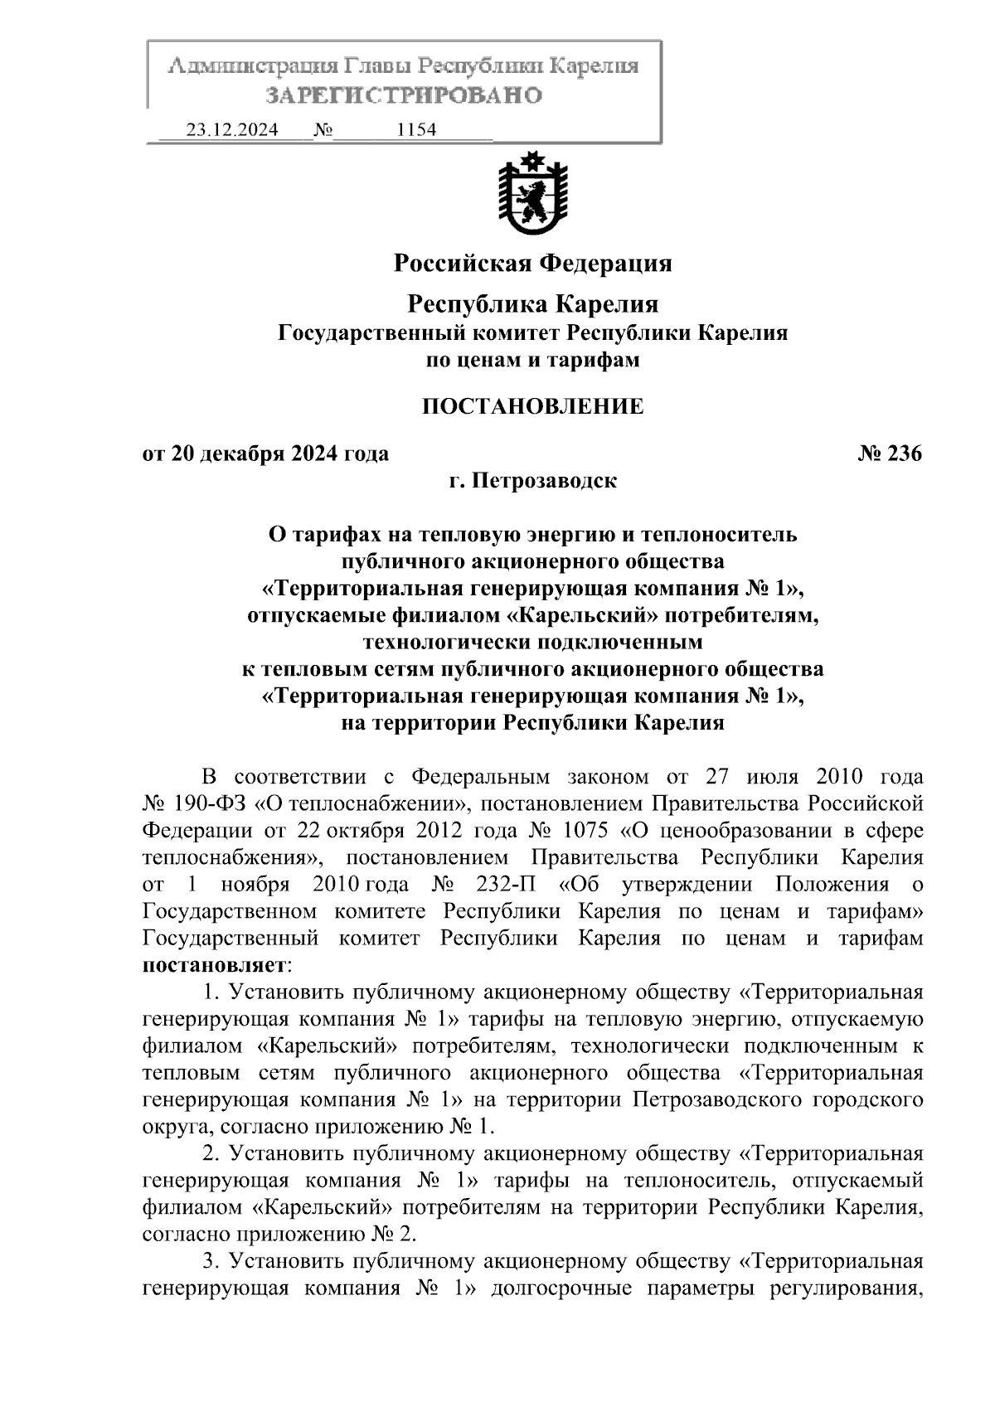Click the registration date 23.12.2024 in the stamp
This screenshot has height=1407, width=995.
click(x=231, y=130)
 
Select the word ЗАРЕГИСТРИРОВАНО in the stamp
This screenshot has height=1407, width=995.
click(x=404, y=96)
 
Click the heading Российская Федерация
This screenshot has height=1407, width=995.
click(x=532, y=264)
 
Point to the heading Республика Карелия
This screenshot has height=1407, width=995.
click(x=532, y=304)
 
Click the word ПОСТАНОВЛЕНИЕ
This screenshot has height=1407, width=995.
click(x=532, y=406)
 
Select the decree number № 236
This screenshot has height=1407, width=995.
click(x=890, y=454)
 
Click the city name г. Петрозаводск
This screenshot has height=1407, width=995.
click(x=532, y=480)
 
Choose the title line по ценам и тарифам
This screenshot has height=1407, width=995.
click(x=532, y=361)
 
